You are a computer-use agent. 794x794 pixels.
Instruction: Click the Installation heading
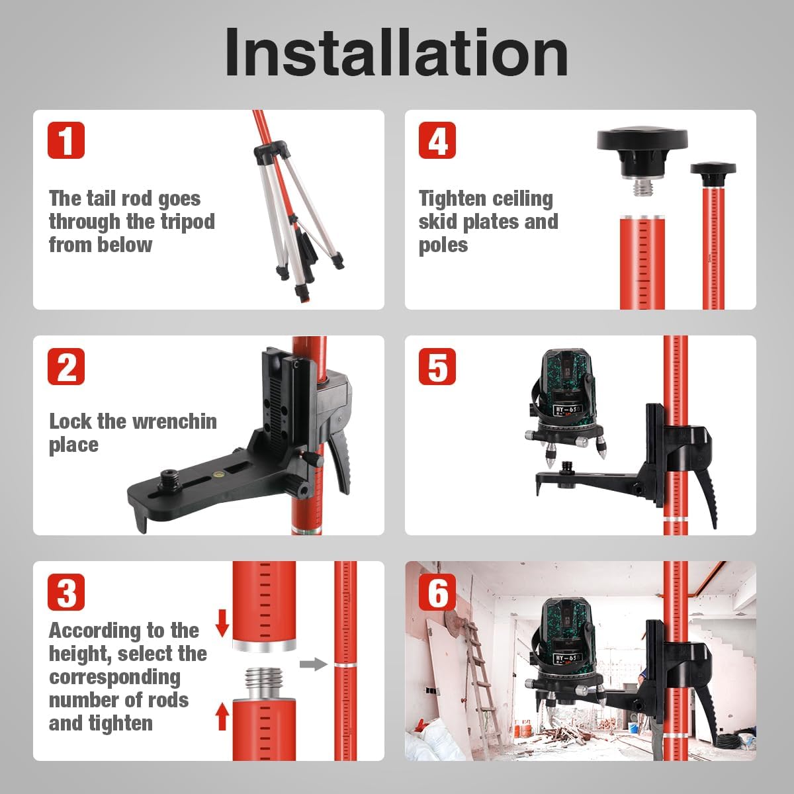point(396,53)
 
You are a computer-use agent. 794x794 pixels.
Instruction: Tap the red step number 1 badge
point(66,140)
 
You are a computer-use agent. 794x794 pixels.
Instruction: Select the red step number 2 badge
point(66,367)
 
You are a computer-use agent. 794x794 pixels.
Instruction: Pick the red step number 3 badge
point(66,592)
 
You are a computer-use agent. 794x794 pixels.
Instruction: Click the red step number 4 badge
point(437,140)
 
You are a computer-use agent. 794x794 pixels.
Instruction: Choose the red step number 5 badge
point(437,367)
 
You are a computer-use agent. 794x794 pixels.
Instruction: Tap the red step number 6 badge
point(437,592)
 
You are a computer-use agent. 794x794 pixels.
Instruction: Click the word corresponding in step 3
point(114,678)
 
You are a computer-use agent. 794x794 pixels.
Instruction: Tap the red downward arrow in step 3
point(222,623)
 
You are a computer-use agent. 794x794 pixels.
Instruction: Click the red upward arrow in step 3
point(222,717)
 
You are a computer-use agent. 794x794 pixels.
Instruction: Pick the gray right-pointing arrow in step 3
point(314,664)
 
